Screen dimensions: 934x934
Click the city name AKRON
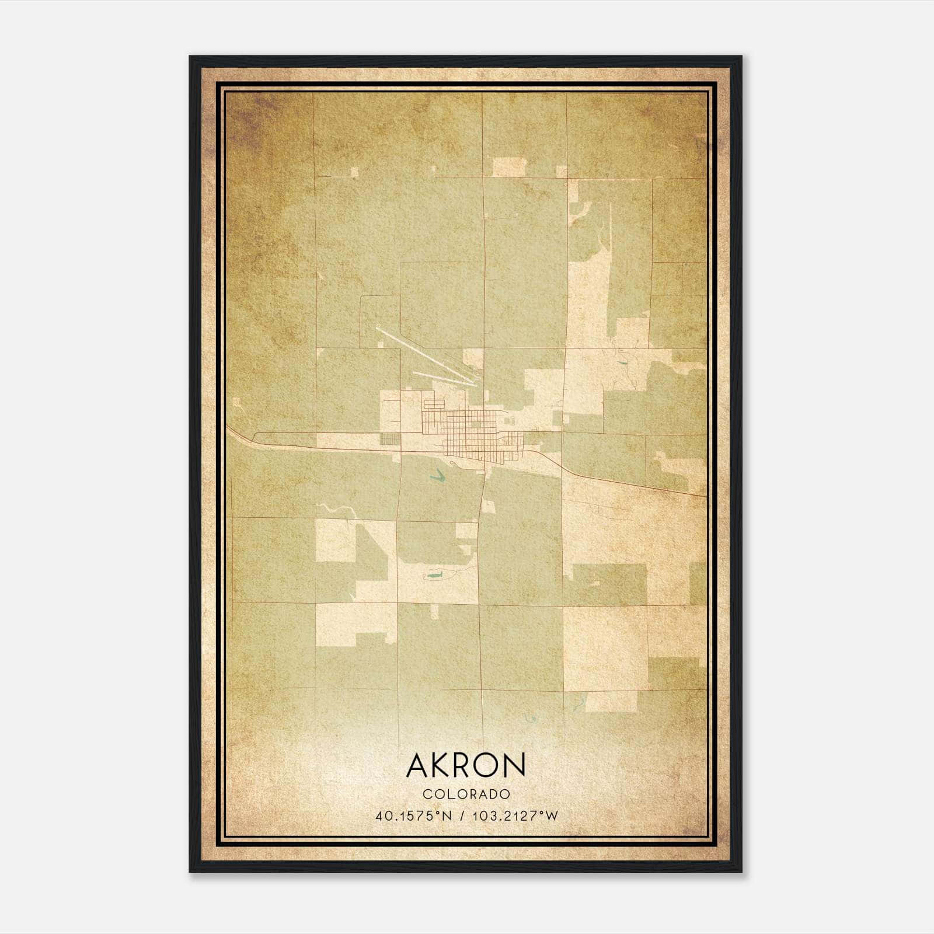pos(466,765)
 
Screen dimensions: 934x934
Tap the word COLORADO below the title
pos(466,794)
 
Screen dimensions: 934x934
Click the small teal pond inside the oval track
pos(433,577)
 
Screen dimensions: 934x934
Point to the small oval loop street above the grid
pos(433,403)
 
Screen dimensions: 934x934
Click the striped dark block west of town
pos(390,438)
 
